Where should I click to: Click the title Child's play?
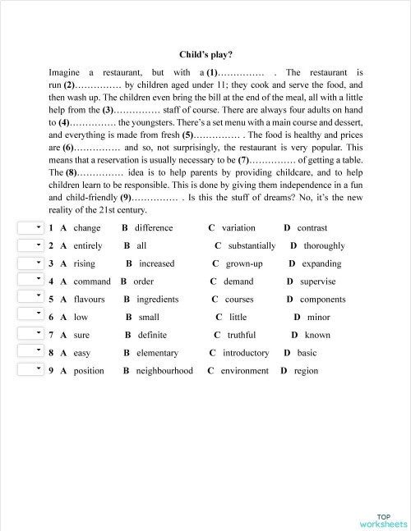click(x=205, y=55)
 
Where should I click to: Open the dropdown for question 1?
click(x=31, y=227)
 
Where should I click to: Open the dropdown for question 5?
click(x=31, y=299)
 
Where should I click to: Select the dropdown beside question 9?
click(x=31, y=370)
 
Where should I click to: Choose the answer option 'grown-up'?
click(x=244, y=263)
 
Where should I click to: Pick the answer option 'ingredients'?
click(x=157, y=300)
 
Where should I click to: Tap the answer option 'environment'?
click(x=244, y=371)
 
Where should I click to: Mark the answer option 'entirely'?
click(x=88, y=245)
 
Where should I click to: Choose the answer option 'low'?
click(x=81, y=317)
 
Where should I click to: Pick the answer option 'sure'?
click(x=81, y=335)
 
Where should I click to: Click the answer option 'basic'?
click(x=307, y=353)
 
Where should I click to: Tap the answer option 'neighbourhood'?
click(x=164, y=371)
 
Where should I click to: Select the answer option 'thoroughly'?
click(x=324, y=245)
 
